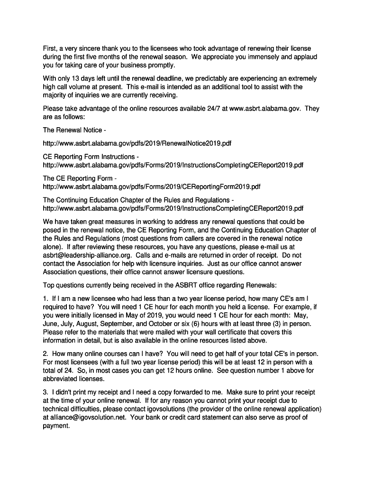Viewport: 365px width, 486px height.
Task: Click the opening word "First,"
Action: click(51, 49)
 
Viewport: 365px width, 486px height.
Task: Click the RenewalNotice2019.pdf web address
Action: click(137, 143)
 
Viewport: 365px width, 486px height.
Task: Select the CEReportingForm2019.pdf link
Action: click(151, 187)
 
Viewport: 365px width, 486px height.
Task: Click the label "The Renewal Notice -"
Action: click(71, 130)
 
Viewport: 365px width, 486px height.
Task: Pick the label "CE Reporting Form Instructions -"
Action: click(91, 157)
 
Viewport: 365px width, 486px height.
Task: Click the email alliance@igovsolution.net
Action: click(89, 418)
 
